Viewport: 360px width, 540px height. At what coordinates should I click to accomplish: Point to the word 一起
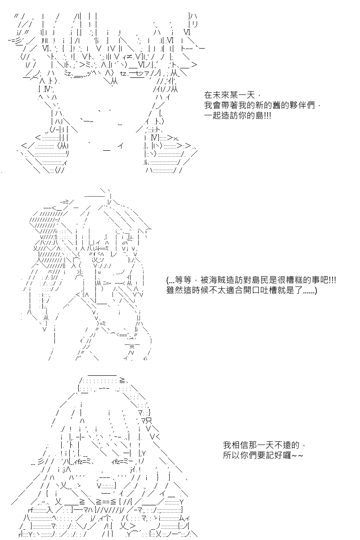click(212, 116)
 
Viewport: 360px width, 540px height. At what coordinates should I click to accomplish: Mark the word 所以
click(231, 455)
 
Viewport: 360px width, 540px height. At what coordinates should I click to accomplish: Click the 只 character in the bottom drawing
click(149, 421)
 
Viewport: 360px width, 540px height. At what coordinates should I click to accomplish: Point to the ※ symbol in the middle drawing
click(132, 347)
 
